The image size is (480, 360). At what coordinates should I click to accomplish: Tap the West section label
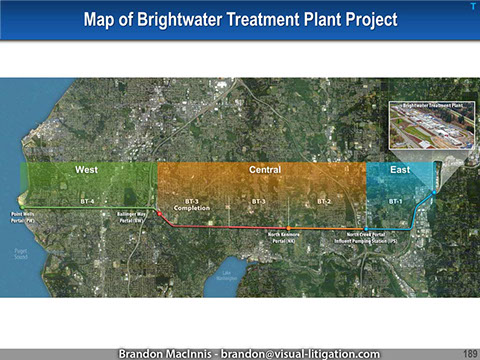coord(86,170)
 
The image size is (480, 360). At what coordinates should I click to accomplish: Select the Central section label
coord(264,170)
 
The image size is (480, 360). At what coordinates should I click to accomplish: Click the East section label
coord(400,170)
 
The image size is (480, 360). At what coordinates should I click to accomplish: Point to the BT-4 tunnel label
coord(87,201)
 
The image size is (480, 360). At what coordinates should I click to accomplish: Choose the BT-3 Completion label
coord(191,204)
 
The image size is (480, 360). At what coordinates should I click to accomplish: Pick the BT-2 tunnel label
coord(324,201)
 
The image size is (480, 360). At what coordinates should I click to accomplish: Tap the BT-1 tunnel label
coord(395,201)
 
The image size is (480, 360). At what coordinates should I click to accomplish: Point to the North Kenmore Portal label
coord(290,239)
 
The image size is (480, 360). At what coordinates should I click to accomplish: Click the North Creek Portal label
coord(373,239)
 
